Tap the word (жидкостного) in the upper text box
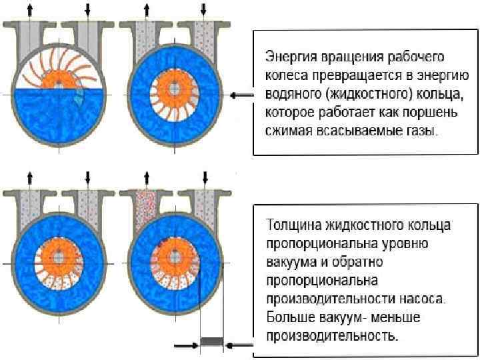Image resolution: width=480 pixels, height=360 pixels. coord(369,94)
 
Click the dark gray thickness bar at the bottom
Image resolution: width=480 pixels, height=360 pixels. coord(212,341)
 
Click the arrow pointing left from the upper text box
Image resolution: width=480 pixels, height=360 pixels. coord(242,95)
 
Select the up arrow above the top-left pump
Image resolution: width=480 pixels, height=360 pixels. coord(30,11)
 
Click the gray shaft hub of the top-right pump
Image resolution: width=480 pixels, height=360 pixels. coord(175,89)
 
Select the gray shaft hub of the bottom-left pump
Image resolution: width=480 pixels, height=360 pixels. coord(58,257)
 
